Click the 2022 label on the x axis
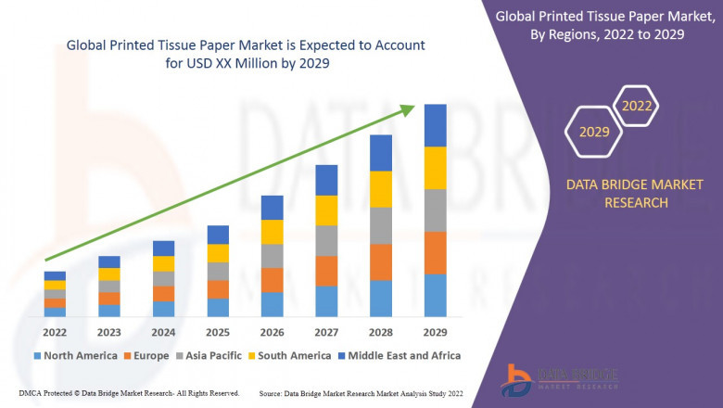(x=55, y=332)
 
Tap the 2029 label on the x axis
(x=436, y=332)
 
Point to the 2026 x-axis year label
(x=272, y=332)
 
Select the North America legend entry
(x=75, y=355)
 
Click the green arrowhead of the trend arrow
(x=408, y=110)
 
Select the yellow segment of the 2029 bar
(x=436, y=168)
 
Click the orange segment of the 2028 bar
(x=381, y=262)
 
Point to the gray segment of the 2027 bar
(x=326, y=241)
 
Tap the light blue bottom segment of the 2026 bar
(x=272, y=305)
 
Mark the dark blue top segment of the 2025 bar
(x=217, y=235)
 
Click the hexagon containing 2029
(x=594, y=132)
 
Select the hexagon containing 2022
(x=637, y=106)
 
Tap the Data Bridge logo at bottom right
(x=556, y=379)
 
